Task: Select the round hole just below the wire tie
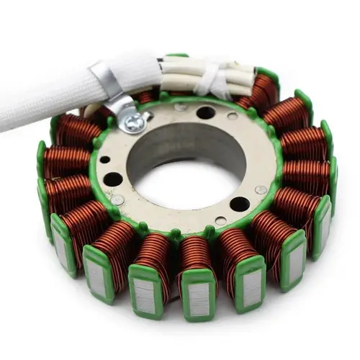coord(207,112)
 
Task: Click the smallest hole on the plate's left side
coord(106,160)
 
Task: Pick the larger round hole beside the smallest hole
coord(114,179)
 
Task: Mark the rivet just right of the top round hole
coord(232,116)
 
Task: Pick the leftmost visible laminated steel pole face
coord(60,248)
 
